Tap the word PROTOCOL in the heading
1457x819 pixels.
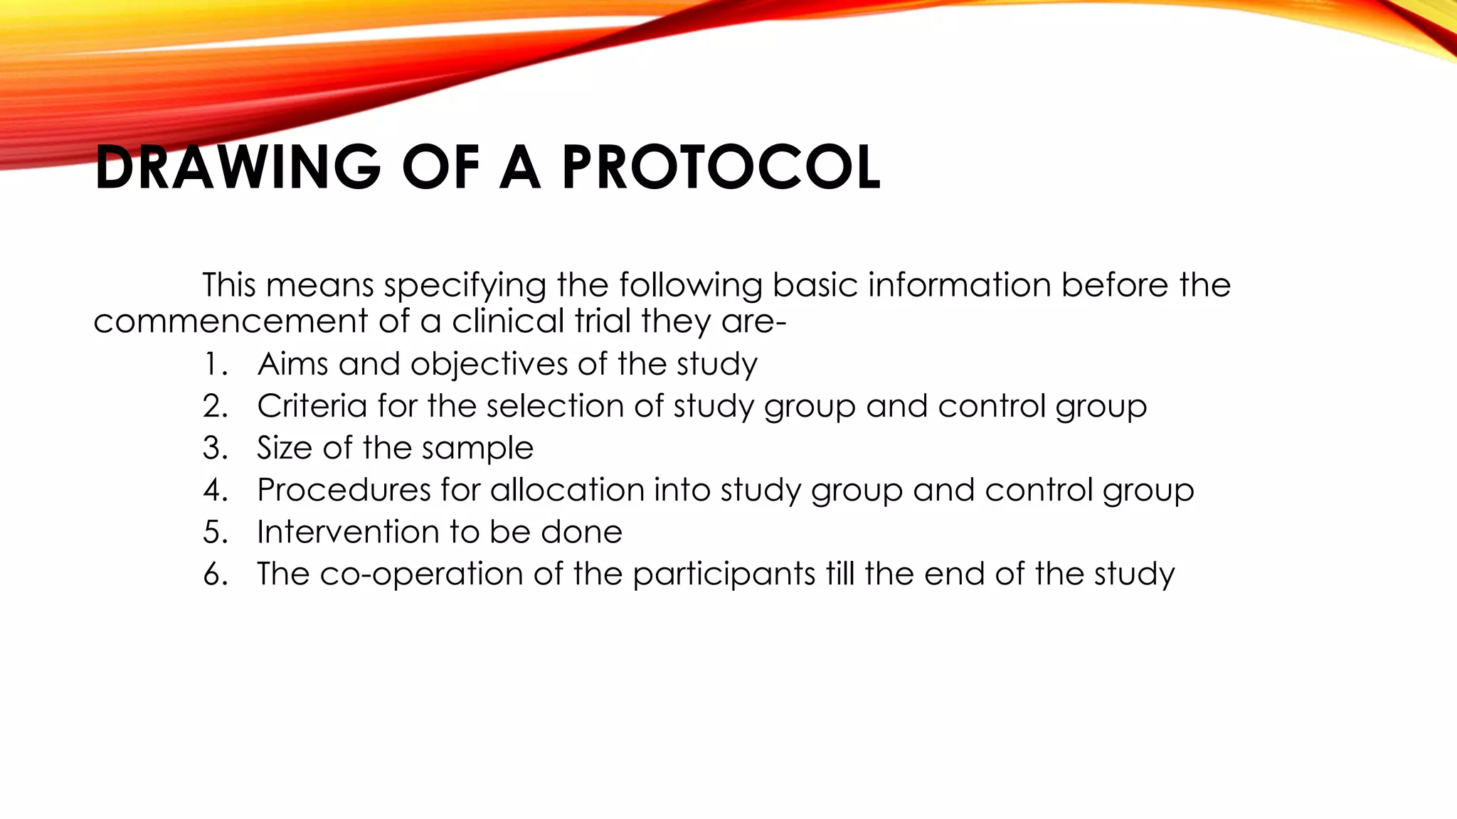(721, 168)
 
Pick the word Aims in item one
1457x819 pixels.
(292, 365)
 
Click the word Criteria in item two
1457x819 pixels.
(312, 407)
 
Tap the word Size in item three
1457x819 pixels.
(284, 449)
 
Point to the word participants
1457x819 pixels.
(724, 574)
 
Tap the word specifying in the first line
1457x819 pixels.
(465, 286)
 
